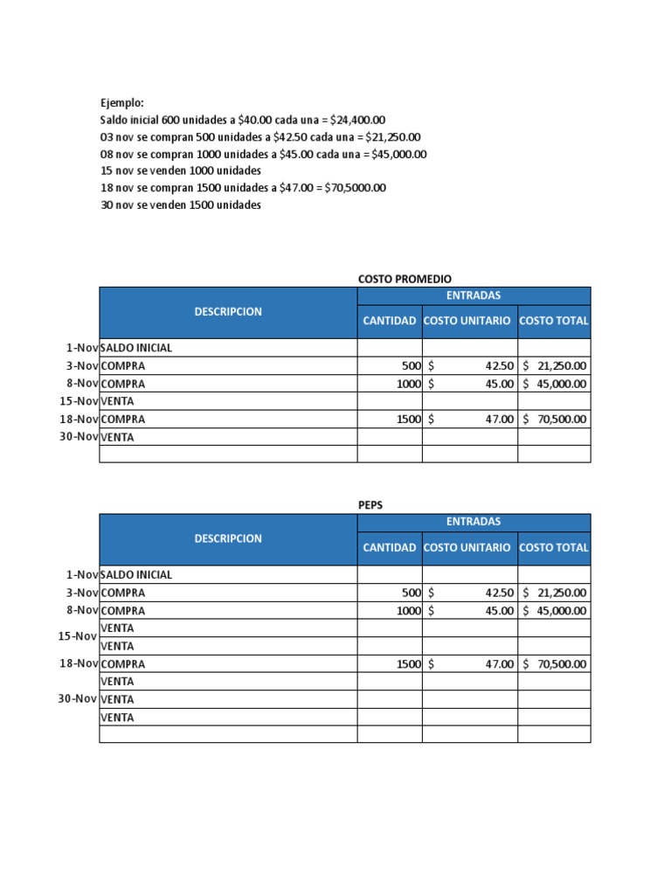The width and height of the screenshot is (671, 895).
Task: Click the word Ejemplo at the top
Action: tap(121, 103)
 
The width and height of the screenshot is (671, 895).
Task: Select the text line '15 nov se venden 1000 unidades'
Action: tap(181, 170)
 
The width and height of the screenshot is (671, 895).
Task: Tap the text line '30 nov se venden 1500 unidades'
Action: tap(181, 205)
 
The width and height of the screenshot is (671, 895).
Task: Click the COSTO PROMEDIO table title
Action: tap(405, 279)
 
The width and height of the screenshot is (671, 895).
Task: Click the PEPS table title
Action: tap(371, 505)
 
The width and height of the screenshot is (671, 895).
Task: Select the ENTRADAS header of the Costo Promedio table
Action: tap(474, 295)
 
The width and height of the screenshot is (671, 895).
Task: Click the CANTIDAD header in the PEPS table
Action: tap(390, 548)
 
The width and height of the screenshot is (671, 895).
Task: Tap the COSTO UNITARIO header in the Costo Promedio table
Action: tap(467, 321)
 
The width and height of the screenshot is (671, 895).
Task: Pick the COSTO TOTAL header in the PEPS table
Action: tap(554, 548)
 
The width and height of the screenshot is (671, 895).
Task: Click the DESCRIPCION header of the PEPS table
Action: tap(228, 539)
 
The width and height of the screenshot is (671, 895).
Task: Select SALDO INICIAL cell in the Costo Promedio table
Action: tap(136, 348)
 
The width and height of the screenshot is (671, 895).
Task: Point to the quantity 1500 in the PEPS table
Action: tap(409, 664)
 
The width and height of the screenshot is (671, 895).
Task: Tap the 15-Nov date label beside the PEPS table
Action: tap(77, 636)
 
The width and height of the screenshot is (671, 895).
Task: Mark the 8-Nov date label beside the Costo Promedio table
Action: tap(82, 384)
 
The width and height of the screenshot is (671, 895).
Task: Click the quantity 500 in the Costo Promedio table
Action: tap(412, 366)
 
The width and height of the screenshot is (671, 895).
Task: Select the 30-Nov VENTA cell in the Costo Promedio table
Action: tap(118, 437)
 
